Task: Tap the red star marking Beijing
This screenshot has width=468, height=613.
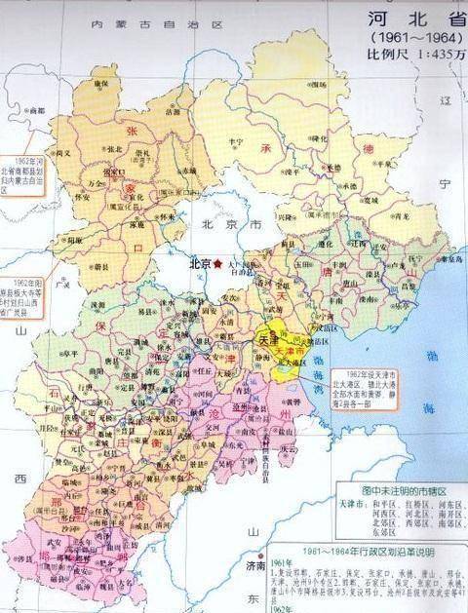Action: pos(219,263)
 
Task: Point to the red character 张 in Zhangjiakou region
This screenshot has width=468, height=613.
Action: pos(126,128)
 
